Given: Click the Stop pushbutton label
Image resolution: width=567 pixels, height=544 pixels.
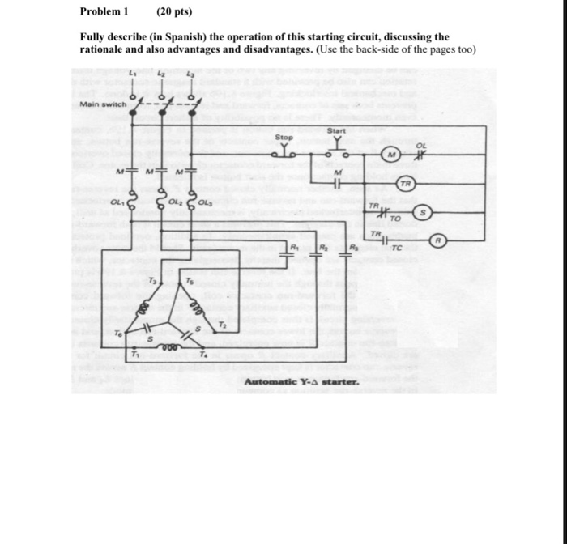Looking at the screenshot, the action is pyautogui.click(x=284, y=138).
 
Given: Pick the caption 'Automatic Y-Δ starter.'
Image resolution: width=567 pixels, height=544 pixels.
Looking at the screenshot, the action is pyautogui.click(x=289, y=381).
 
